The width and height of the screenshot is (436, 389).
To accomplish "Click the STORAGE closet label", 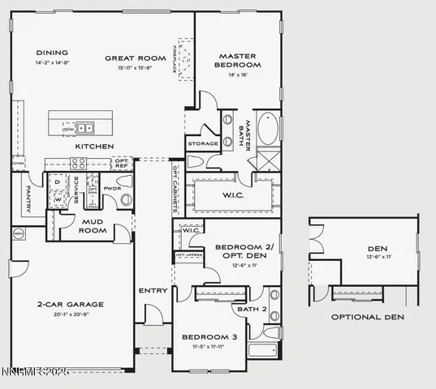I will point(202,143).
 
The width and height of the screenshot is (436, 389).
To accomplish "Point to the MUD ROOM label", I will point(93,225).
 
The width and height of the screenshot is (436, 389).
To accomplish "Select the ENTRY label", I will point(153,290).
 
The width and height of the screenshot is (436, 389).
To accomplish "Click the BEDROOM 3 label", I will point(209,336).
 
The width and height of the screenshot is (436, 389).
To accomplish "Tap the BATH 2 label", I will point(247,308).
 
